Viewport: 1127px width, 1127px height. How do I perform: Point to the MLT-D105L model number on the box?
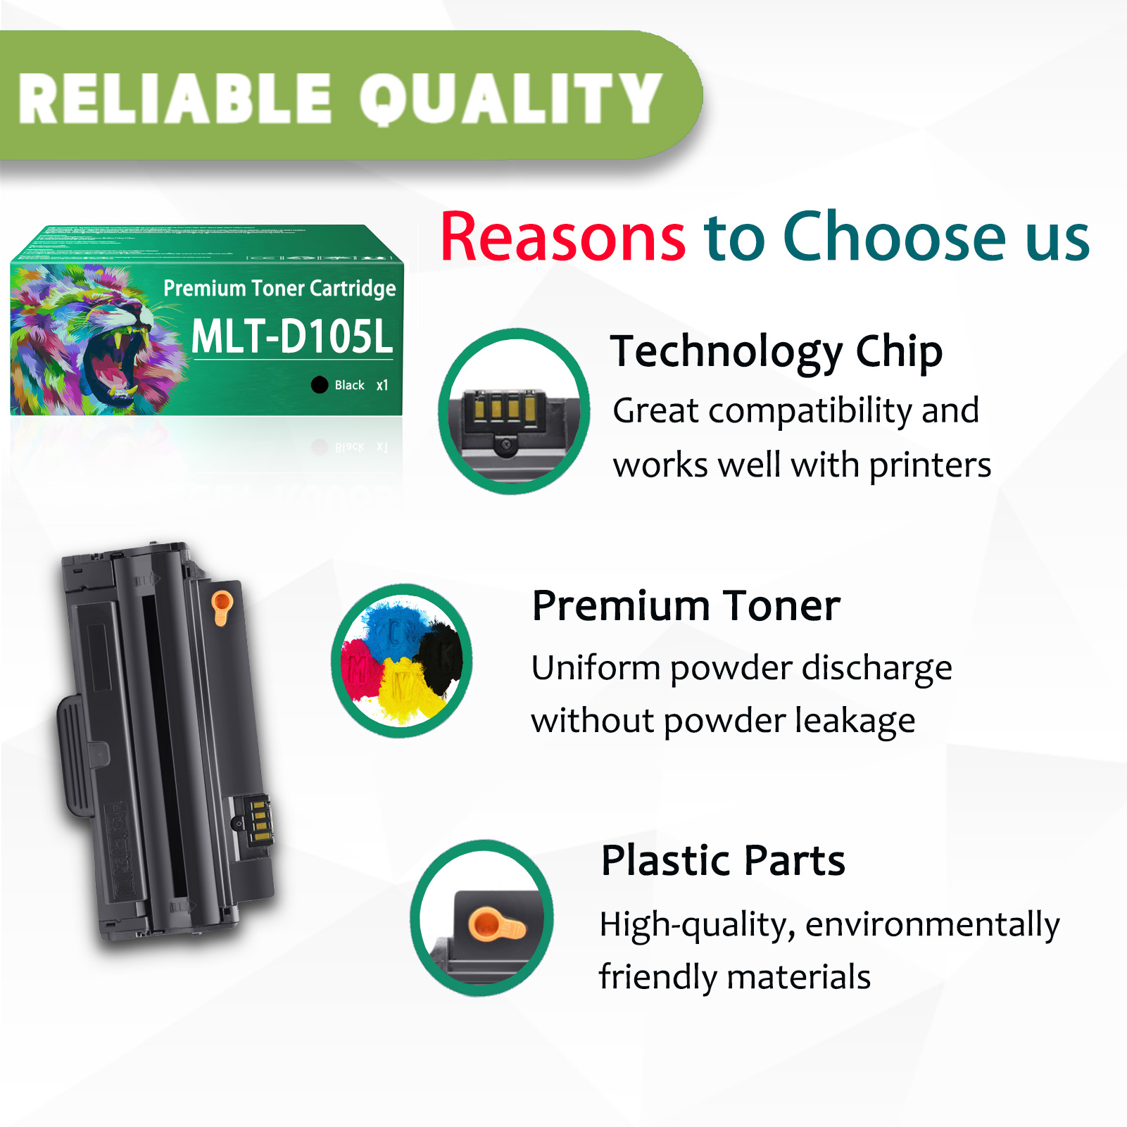291,336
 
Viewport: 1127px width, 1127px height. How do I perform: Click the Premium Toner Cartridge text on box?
279,289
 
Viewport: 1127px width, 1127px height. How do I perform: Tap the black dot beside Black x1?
320,384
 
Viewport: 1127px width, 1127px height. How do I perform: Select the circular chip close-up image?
514,411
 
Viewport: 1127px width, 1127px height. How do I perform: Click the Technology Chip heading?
776,351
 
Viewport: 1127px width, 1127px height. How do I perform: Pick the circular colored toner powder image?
402,660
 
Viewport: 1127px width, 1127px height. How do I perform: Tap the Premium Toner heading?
686,606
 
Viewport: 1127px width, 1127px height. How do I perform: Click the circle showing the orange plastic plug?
482,918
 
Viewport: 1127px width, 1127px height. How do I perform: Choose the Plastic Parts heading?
723,860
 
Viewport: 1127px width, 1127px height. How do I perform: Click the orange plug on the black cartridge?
222,605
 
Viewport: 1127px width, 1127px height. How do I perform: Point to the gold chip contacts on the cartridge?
259,820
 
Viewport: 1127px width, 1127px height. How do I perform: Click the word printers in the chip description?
930,465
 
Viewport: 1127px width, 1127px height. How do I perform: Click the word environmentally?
932,925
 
